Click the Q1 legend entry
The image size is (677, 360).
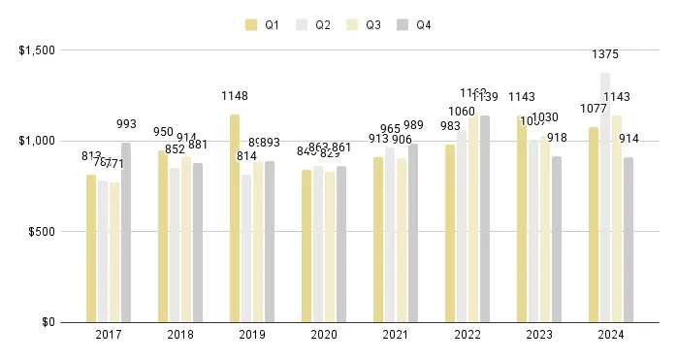pyautogui.click(x=263, y=24)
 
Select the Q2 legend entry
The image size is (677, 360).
pyautogui.click(x=313, y=24)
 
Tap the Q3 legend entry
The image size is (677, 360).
pyautogui.click(x=364, y=24)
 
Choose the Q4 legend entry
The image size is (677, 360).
pyautogui.click(x=414, y=24)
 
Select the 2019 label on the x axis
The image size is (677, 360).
pyautogui.click(x=252, y=336)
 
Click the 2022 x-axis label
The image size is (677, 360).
pyautogui.click(x=467, y=336)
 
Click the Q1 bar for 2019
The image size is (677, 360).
pyautogui.click(x=235, y=218)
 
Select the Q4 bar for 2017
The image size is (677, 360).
pyautogui.click(x=126, y=232)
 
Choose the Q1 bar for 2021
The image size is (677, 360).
pyautogui.click(x=378, y=240)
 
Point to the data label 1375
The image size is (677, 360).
pyautogui.click(x=605, y=55)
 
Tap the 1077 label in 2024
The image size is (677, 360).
pyautogui.click(x=593, y=109)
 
